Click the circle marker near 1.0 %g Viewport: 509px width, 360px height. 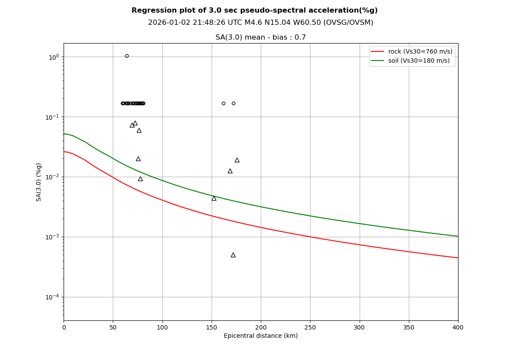pos(127,56)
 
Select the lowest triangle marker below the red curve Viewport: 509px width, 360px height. pos(233,255)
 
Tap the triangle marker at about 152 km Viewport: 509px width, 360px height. pos(214,199)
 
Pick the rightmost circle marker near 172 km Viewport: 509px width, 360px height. pos(233,103)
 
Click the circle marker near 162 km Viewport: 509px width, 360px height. pos(223,103)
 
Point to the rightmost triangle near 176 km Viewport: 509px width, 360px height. pos(237,160)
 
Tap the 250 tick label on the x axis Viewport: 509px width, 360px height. pos(310,327)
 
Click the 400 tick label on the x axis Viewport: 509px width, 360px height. pos(458,327)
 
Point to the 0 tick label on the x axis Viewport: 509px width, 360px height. pos(64,327)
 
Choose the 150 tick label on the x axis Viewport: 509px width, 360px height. pos(212,327)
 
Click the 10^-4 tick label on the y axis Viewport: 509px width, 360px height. pos(53,297)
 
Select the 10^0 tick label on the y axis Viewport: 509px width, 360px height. pos(54,57)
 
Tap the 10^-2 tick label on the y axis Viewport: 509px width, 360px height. pos(53,177)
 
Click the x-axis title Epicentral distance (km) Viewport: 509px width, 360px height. pos(260,336)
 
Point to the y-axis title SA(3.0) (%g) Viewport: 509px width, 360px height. pos(39,182)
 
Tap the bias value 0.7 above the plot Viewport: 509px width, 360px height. pos(301,37)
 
